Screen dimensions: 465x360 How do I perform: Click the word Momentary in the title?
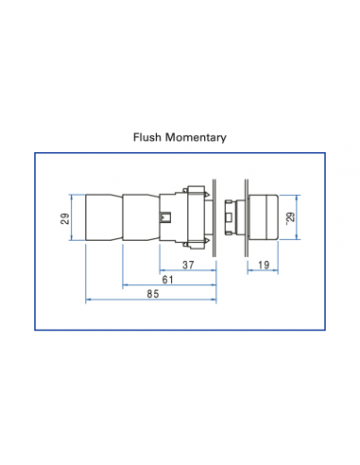[x=196, y=137]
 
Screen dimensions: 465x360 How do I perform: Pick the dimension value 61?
[x=167, y=281]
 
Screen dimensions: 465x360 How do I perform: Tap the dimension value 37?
[x=187, y=266]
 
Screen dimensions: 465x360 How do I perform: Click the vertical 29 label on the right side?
[x=291, y=217]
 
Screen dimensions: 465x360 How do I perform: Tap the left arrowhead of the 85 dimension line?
[x=89, y=301]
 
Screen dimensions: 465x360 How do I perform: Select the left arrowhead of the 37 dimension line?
[x=162, y=272]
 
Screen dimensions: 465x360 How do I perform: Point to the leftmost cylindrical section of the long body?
[x=104, y=216]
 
